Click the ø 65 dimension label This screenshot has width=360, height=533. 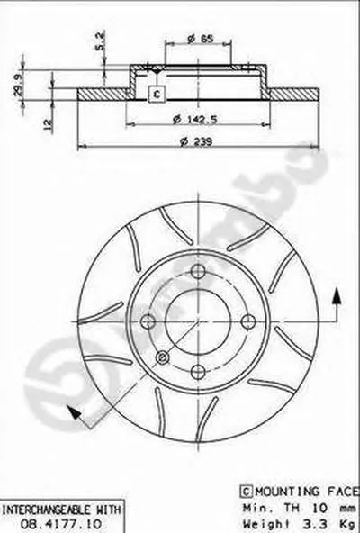pyautogui.click(x=201, y=39)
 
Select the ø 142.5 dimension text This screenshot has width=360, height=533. pyautogui.click(x=195, y=120)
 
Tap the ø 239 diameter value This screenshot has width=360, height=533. pyautogui.click(x=196, y=140)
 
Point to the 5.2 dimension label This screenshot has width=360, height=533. pyautogui.click(x=100, y=41)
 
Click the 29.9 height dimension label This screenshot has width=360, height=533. pyautogui.click(x=18, y=84)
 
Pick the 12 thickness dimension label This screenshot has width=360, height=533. pyautogui.click(x=49, y=124)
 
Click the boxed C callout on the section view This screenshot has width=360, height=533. pyautogui.click(x=157, y=94)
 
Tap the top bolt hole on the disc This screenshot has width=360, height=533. pyautogui.click(x=198, y=271)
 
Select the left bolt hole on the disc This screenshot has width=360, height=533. pyautogui.click(x=148, y=321)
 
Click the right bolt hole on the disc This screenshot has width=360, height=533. pyautogui.click(x=248, y=321)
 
